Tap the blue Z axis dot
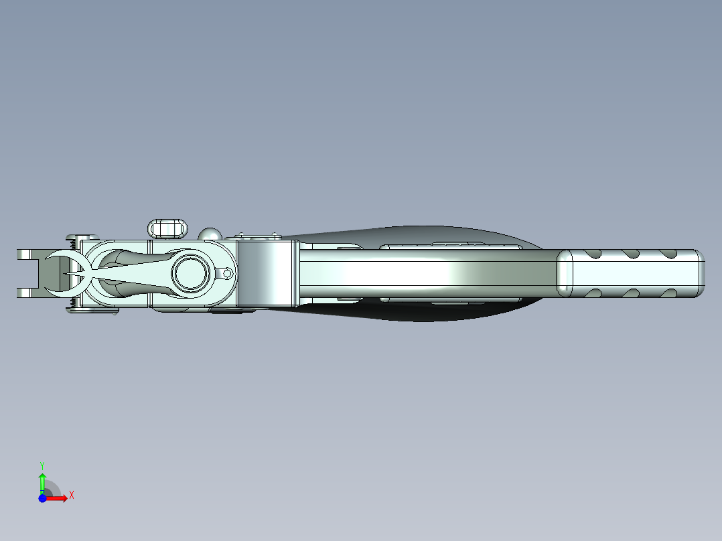point(42,498)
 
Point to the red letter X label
point(72,495)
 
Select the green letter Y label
point(42,465)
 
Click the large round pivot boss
point(190,273)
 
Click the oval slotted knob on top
point(168,228)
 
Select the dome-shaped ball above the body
point(210,234)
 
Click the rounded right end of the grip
point(700,273)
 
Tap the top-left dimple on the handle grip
point(592,253)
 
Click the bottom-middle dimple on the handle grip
point(630,292)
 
